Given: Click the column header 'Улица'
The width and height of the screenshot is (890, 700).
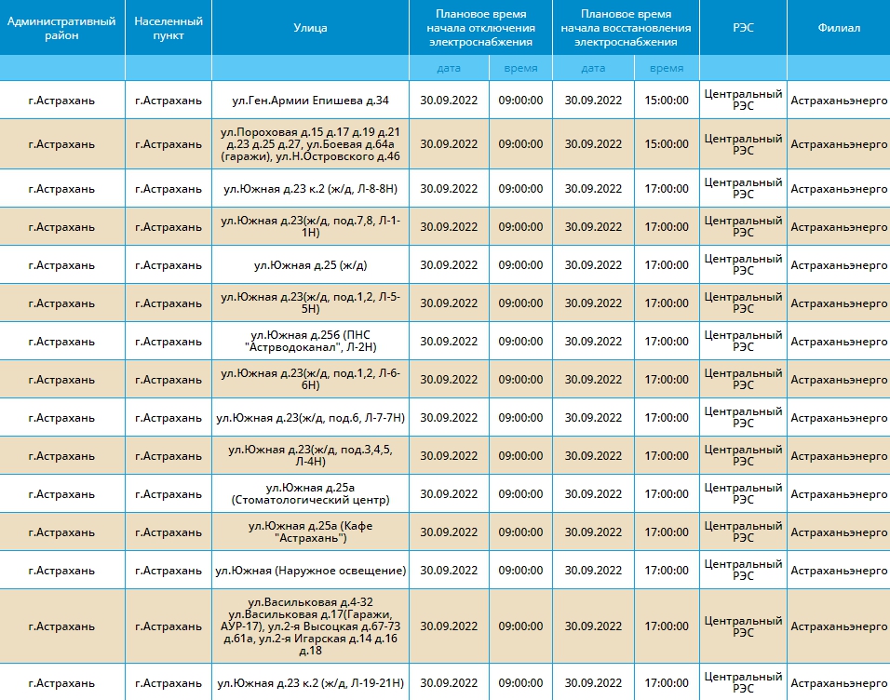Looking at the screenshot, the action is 310,28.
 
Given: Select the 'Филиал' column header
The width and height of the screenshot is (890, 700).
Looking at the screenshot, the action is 839,28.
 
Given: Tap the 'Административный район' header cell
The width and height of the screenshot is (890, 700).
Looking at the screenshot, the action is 61,28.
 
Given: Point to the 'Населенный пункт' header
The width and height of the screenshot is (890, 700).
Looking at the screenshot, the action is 168,28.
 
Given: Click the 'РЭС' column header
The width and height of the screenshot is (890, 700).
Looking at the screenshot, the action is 743,28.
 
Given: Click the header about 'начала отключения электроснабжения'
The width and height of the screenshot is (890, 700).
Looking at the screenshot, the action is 480,28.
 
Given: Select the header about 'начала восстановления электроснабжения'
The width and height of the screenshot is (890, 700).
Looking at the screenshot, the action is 626,28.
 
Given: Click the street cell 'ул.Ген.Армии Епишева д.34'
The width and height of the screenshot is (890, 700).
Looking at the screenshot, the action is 311,101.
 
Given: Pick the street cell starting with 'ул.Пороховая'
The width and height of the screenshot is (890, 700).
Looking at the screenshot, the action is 311,144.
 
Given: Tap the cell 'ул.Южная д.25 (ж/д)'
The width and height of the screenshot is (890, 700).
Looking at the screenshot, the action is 311,265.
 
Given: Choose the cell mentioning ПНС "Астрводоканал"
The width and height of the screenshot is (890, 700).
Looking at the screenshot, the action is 311,342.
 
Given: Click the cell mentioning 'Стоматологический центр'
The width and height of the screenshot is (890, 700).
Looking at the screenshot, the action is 311,494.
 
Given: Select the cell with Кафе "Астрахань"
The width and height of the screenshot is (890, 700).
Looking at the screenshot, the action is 311,532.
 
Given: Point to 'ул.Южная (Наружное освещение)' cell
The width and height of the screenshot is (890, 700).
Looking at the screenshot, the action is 311,571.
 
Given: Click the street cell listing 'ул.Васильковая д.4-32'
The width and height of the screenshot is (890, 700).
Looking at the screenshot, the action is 311,626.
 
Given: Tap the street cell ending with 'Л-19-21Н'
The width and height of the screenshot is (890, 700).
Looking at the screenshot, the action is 311,683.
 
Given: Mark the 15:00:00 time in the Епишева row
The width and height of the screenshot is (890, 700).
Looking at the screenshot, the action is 667,101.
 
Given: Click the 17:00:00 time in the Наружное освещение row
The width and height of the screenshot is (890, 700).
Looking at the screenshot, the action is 667,571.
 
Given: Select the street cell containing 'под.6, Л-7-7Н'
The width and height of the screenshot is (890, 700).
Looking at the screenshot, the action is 311,418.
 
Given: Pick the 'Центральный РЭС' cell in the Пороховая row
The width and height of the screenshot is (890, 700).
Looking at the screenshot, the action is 743,144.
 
